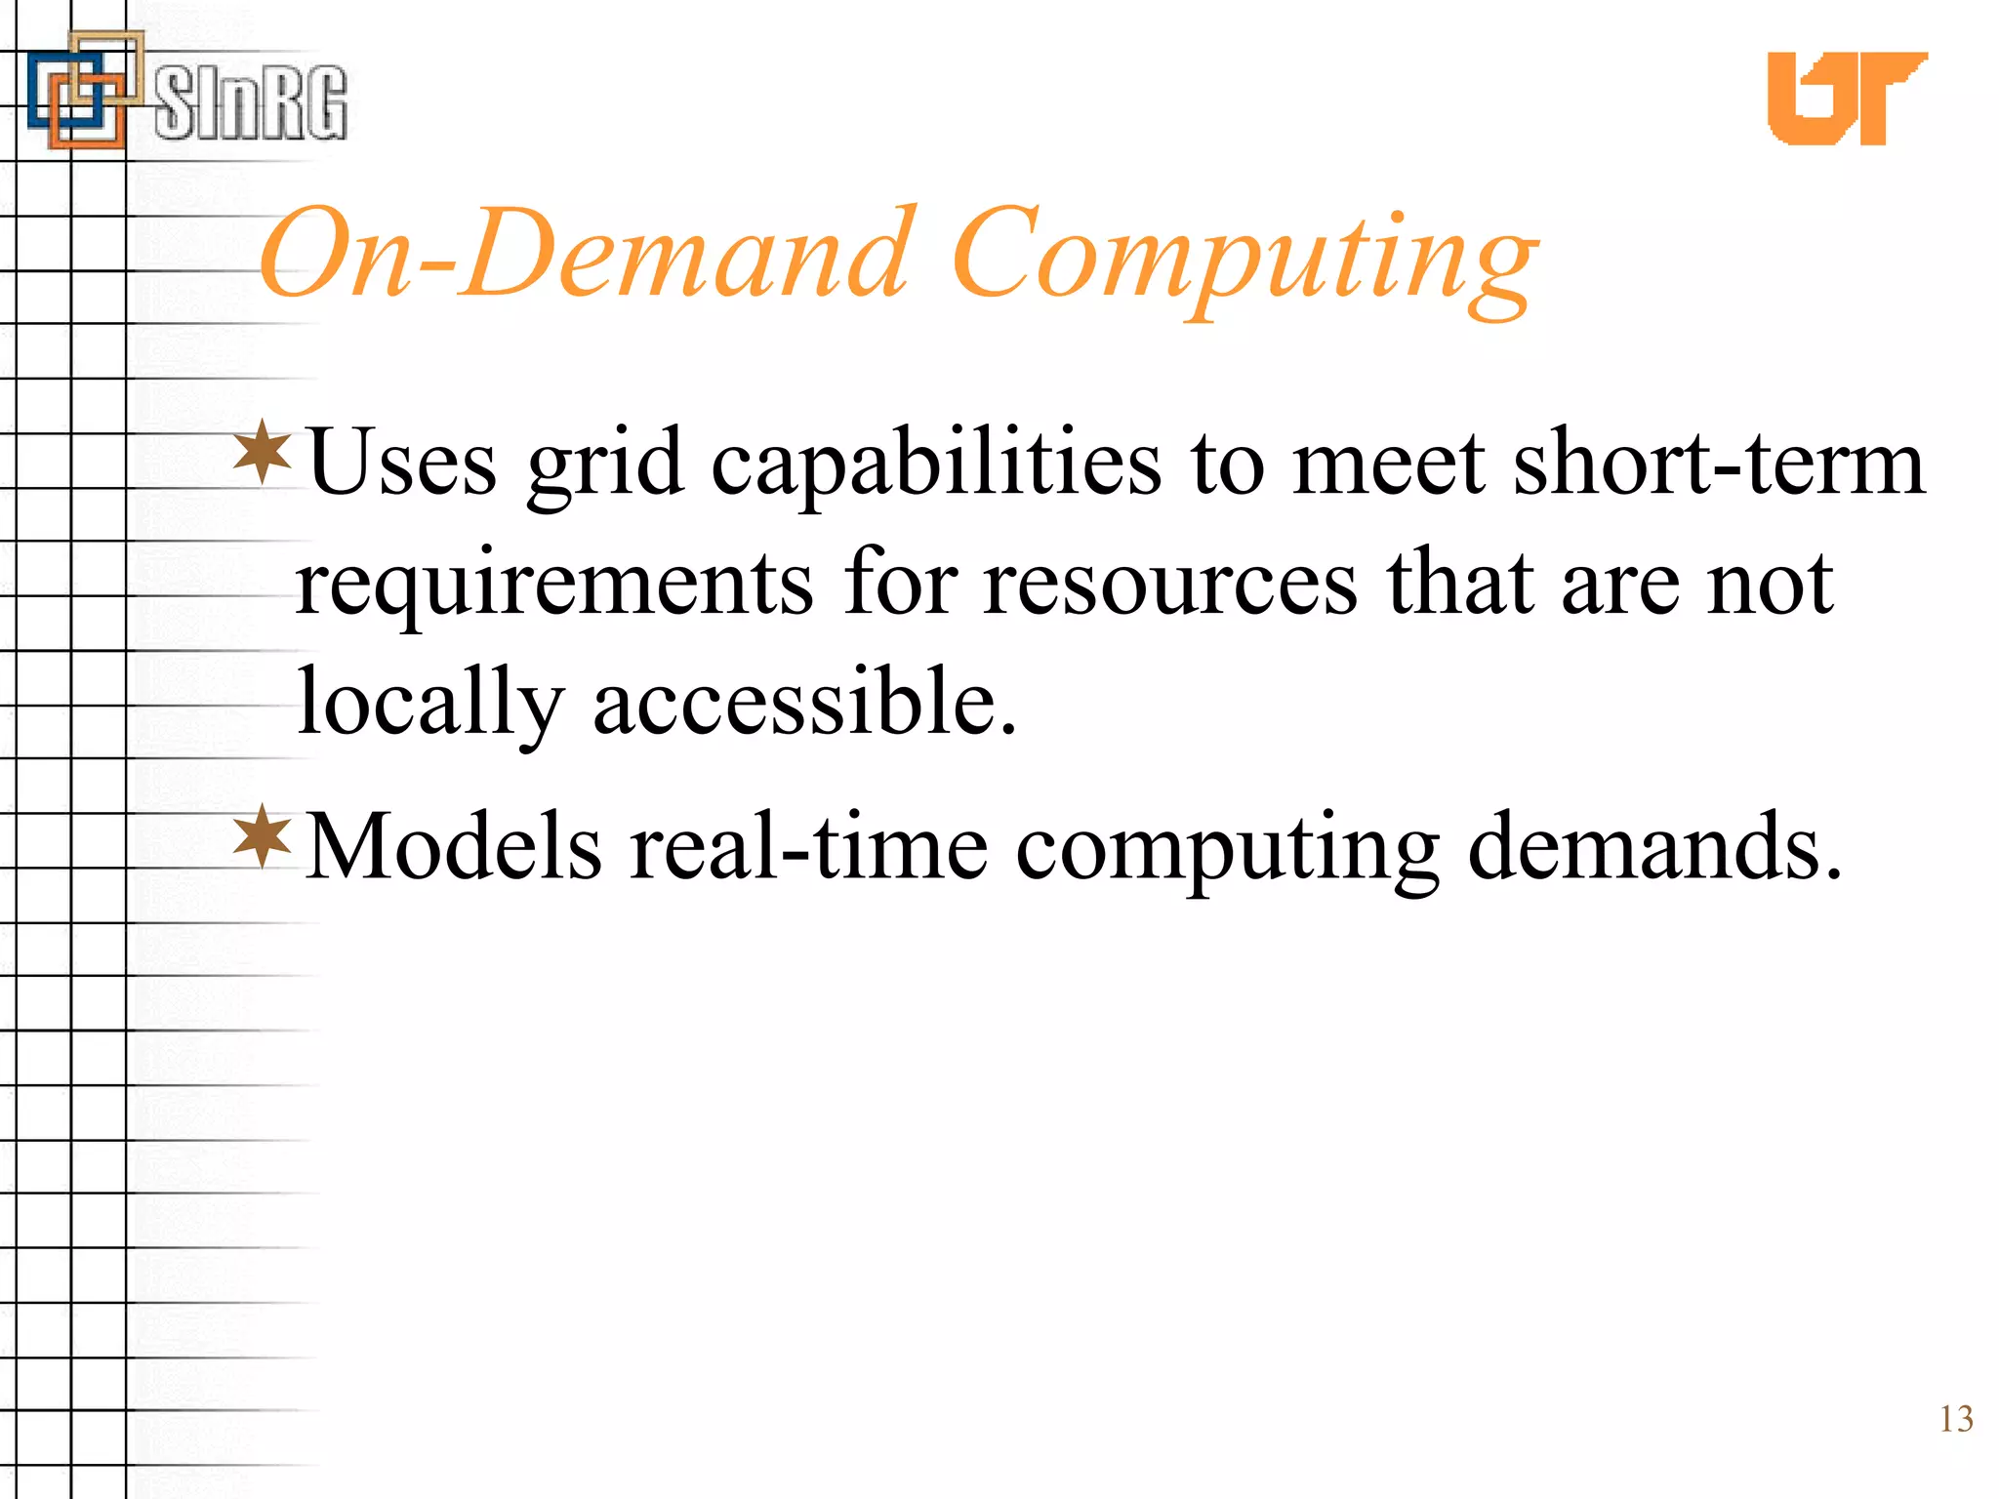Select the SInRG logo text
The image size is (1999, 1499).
click(250, 102)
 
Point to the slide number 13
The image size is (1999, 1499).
click(1955, 1419)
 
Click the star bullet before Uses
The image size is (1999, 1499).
click(263, 452)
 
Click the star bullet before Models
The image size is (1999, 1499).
click(263, 836)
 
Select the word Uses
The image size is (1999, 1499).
click(401, 464)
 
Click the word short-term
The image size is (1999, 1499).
click(1718, 464)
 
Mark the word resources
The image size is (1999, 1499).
click(1169, 584)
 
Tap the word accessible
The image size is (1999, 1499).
click(805, 703)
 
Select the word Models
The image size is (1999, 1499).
click(453, 847)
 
